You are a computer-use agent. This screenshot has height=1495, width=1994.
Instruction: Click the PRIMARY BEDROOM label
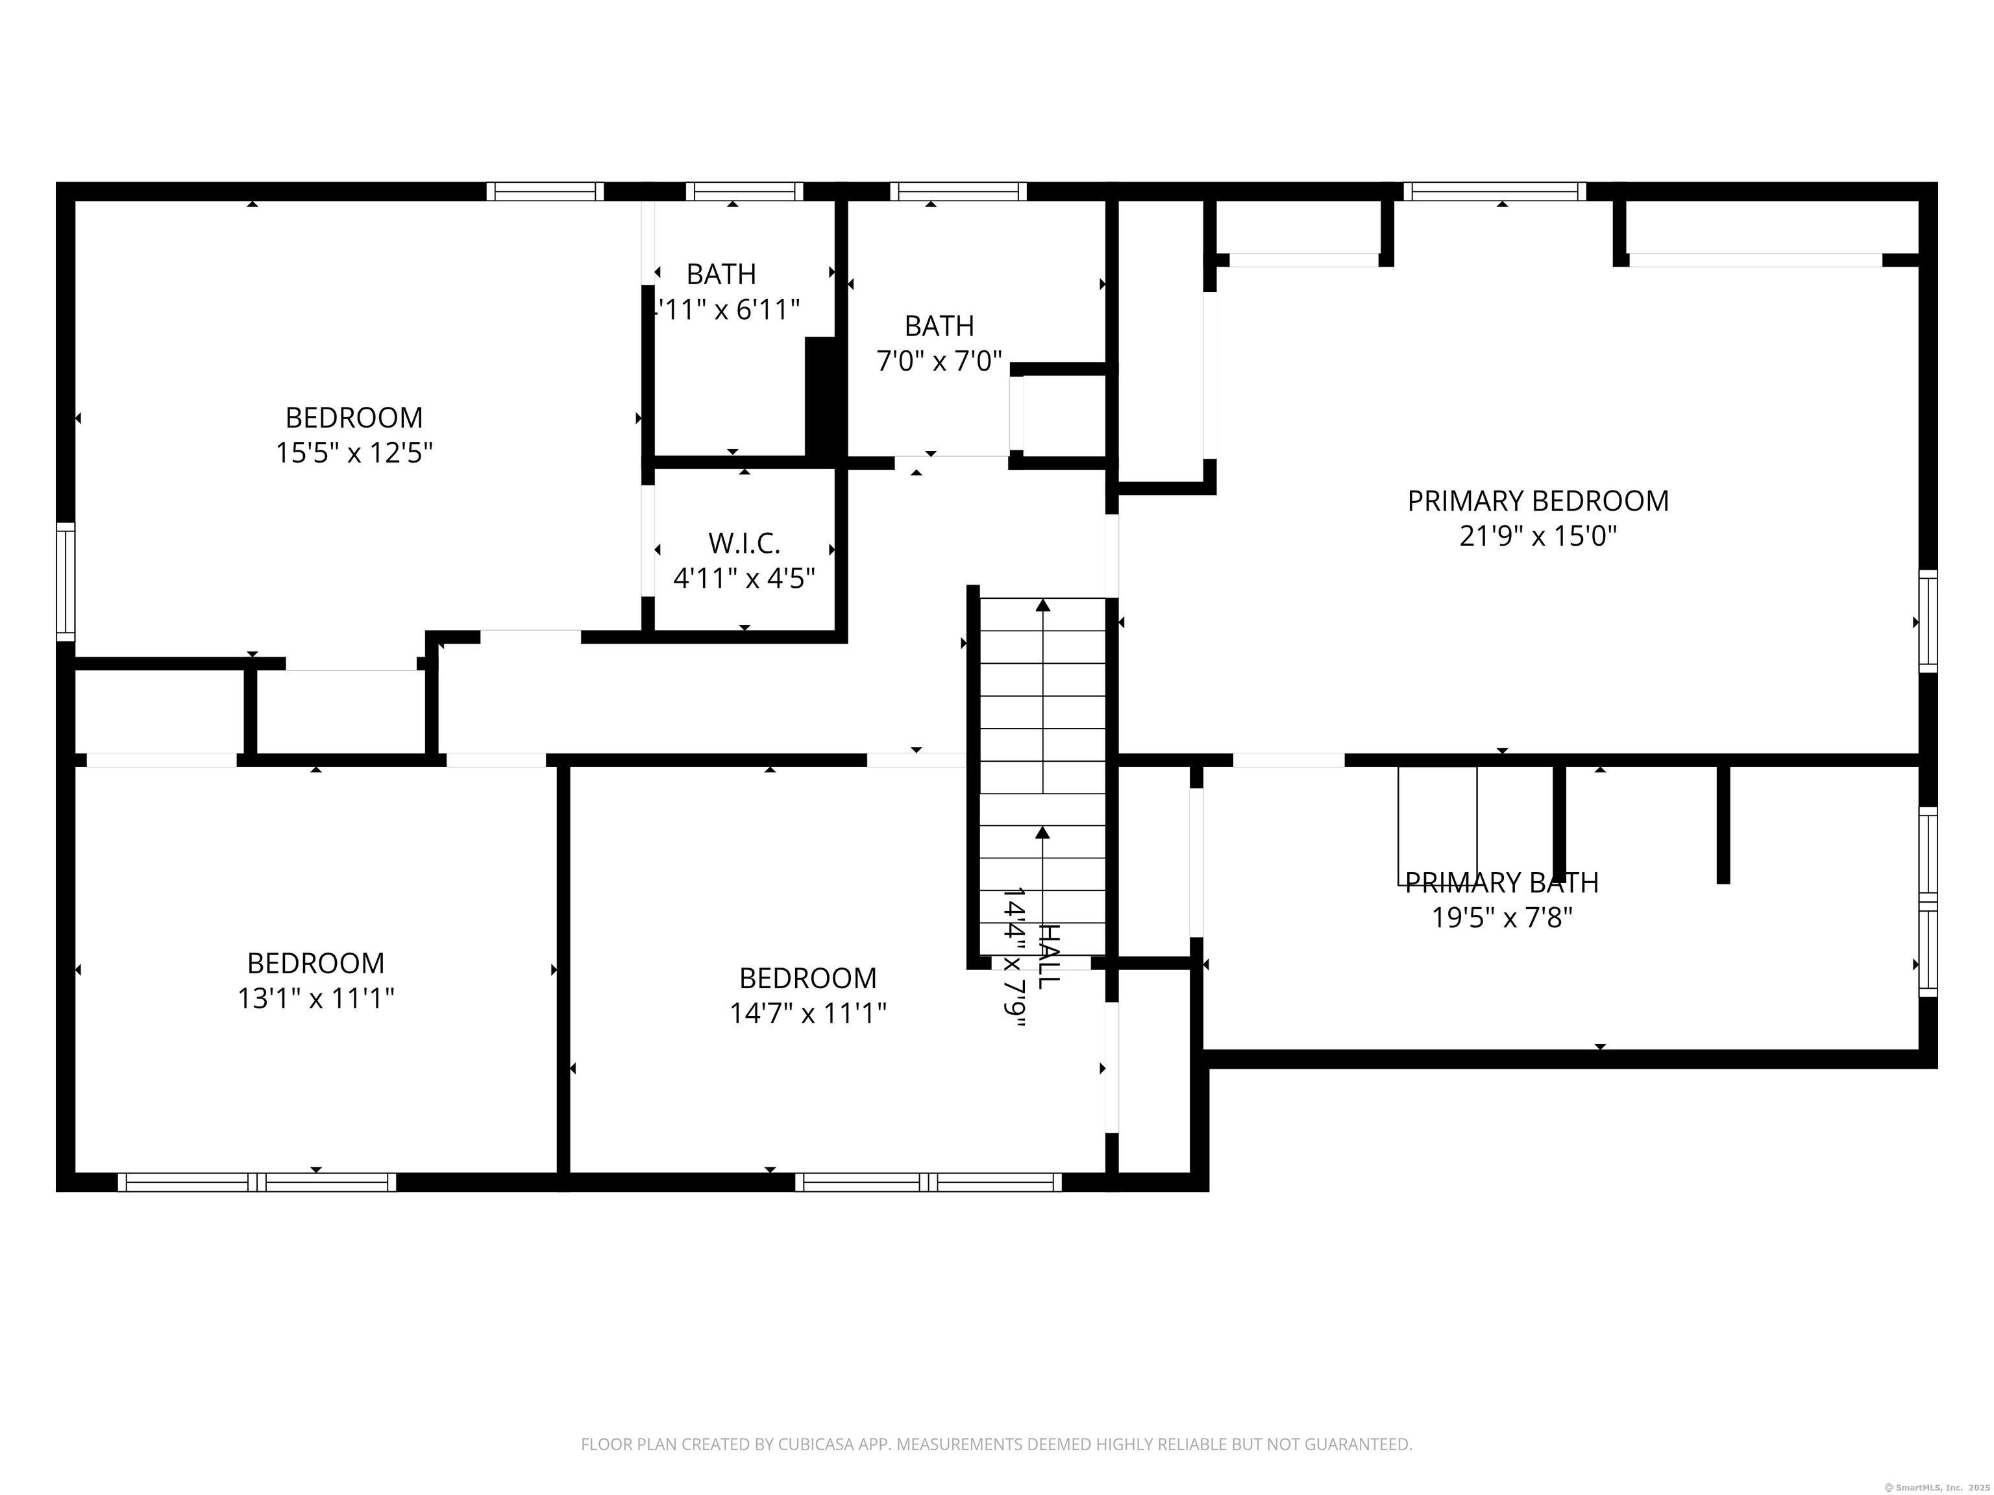coord(1538,501)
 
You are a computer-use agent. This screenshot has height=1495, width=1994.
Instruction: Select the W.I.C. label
coord(744,543)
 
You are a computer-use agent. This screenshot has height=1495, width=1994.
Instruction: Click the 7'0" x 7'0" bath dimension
coord(939,361)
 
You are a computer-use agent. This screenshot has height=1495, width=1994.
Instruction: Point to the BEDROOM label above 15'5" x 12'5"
coord(354,418)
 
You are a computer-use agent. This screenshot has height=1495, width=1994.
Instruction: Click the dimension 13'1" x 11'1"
coord(315,999)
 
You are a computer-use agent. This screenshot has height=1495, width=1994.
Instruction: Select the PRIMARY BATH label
coord(1502,883)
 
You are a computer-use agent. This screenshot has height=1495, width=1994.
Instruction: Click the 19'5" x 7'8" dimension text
coord(1502,918)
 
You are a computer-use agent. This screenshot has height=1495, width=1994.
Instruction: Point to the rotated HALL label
coord(1048,955)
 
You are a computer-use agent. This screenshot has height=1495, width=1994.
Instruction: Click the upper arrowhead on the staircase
coord(1043,605)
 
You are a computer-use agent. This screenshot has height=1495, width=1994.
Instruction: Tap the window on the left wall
coord(66,581)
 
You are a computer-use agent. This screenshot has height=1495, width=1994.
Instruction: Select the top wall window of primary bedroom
coord(1495,191)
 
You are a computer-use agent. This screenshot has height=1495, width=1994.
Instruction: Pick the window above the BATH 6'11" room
coord(744,191)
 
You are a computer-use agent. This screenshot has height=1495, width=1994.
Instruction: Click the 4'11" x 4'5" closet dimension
coord(744,579)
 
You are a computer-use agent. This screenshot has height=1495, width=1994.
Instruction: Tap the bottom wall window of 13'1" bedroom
coord(257,1182)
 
